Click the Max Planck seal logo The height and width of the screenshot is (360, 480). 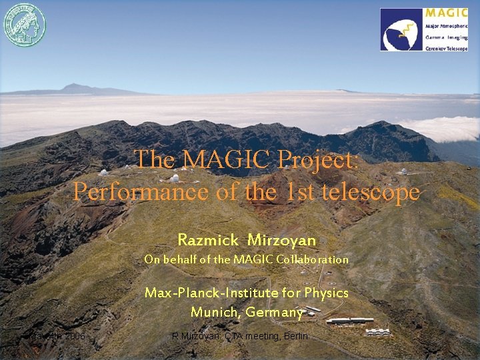coord(24,25)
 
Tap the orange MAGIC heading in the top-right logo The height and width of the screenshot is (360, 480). coord(446,13)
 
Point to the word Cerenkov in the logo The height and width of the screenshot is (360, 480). coord(437,47)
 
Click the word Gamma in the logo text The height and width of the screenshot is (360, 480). coord(435,37)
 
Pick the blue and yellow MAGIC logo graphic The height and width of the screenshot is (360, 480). coord(401,29)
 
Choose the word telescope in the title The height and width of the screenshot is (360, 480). coord(371,192)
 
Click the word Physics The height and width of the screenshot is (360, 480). coord(326,293)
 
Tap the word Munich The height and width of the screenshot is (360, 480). coord(214,312)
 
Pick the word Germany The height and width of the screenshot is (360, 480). coord(274,312)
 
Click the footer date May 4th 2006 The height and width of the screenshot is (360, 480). coord(56,336)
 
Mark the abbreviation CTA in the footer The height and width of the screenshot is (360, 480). coord(235,336)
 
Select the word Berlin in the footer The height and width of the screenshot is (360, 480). coord(295,336)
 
